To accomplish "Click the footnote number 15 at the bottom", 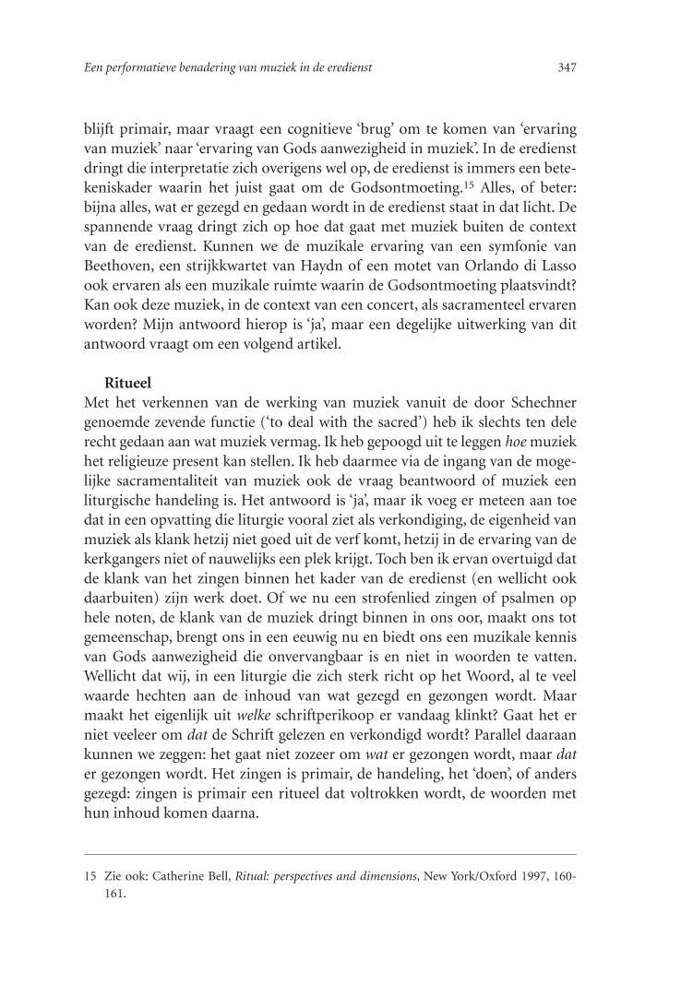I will point(90,880).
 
